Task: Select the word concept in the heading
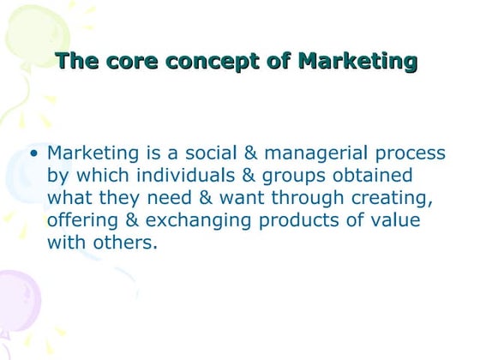[x=208, y=61]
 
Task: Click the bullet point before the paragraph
[x=33, y=155]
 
